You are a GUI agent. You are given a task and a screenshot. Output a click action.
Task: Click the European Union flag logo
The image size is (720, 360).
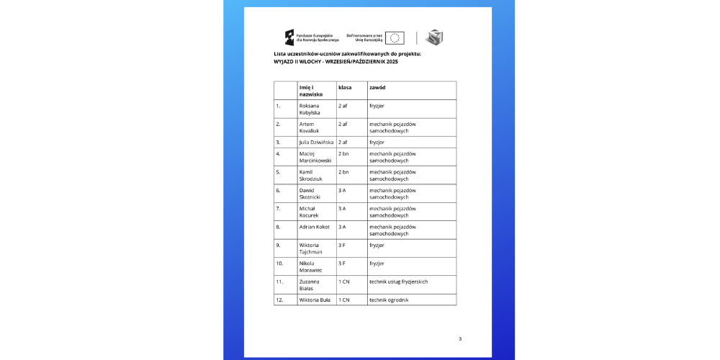coord(395,37)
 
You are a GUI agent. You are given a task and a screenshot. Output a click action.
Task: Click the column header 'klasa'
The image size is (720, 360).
coord(345,87)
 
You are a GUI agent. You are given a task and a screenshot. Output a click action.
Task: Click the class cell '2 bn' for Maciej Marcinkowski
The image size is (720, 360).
coord(343,153)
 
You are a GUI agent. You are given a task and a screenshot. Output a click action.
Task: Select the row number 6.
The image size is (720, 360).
coord(278,190)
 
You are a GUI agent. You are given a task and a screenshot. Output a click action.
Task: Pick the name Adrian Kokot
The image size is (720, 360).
coord(315,227)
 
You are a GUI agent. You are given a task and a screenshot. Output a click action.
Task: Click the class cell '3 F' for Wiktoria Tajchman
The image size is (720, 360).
coord(343,245)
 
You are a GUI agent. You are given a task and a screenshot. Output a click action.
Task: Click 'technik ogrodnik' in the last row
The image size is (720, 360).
coord(389,300)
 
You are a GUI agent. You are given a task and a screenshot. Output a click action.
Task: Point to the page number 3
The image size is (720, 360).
coord(460,338)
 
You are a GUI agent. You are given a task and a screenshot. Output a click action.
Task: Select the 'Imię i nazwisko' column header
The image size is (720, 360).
coord(312,91)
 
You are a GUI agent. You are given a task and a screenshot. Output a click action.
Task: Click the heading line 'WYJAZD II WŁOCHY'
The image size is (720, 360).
coord(336,62)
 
